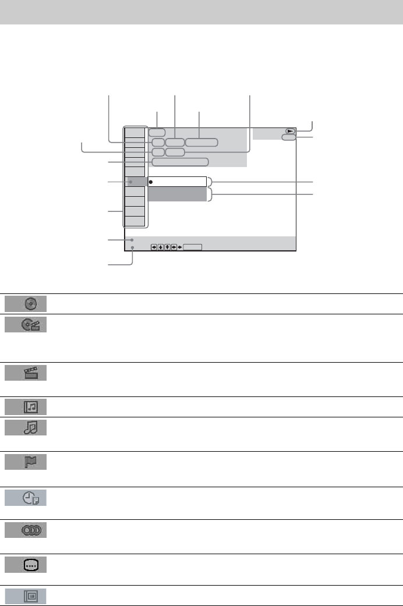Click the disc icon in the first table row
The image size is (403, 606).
(32, 304)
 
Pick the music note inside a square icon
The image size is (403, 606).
(31, 406)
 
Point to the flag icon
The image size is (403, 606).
(31, 464)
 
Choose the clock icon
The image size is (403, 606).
(31, 498)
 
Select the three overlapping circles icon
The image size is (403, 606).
(31, 531)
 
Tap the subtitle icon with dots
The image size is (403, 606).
(31, 565)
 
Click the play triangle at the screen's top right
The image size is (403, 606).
(289, 132)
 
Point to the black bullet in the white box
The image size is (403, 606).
(151, 182)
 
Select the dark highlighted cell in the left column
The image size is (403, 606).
(136, 182)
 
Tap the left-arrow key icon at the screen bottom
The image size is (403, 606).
(154, 247)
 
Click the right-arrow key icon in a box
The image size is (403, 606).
(174, 247)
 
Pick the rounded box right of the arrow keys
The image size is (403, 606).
(192, 247)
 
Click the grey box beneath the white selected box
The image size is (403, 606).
(177, 194)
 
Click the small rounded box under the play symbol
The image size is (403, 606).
(287, 138)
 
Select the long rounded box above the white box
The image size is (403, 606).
(180, 162)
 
